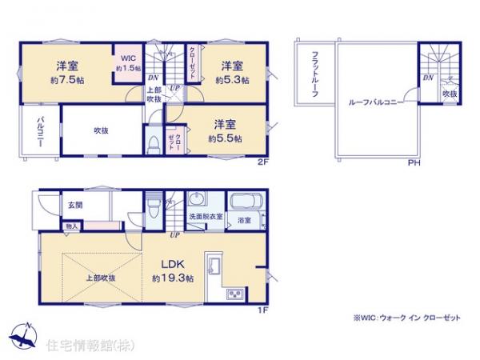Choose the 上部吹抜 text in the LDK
click(101, 278)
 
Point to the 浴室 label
click(243, 219)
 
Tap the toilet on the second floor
click(152, 144)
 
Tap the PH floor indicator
click(414, 164)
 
